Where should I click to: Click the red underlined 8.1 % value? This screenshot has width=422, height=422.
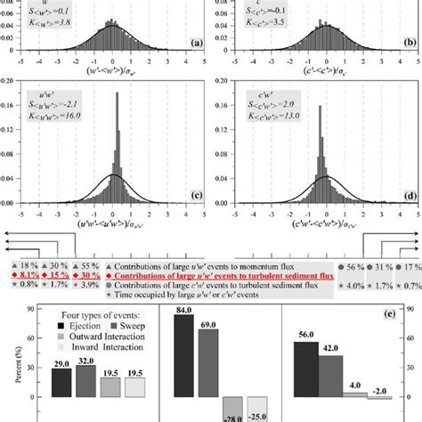pos(28,276)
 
